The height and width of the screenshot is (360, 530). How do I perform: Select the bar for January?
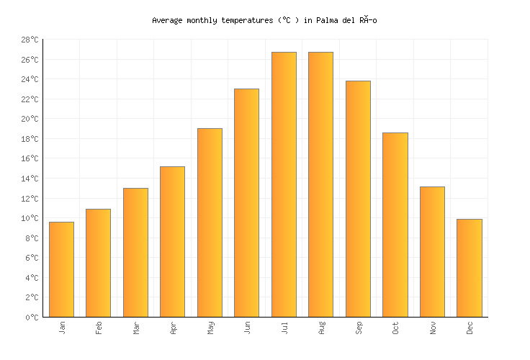click(61, 269)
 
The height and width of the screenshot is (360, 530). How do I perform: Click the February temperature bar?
click(98, 263)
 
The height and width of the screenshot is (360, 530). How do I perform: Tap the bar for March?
click(135, 252)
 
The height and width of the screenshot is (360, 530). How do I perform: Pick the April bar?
click(172, 241)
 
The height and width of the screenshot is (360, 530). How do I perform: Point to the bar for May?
click(210, 222)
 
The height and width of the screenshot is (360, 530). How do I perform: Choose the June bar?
click(246, 202)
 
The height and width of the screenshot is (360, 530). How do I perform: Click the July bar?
click(284, 184)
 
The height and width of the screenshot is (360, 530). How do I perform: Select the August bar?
click(320, 184)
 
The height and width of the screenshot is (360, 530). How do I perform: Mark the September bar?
click(358, 199)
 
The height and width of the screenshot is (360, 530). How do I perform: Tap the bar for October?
click(395, 225)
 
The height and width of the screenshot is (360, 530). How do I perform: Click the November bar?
click(432, 251)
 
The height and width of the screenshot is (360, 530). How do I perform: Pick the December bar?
click(469, 268)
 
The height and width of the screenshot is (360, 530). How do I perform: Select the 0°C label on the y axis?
click(32, 317)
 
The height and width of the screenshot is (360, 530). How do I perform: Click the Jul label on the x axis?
click(284, 328)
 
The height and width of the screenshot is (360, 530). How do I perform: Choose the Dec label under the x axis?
click(470, 328)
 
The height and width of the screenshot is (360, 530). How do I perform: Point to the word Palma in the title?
click(326, 20)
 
